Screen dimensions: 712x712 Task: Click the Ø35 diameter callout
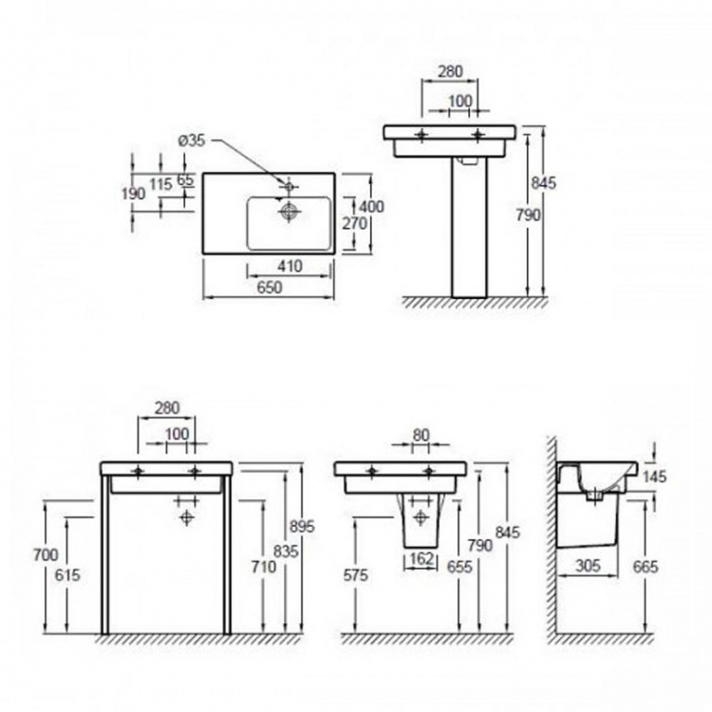191,141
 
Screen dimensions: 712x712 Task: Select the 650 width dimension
270,288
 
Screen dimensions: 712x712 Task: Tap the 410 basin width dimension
290,266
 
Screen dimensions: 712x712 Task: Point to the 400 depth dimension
372,207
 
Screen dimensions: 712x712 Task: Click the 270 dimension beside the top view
355,223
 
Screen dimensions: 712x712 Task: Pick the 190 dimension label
134,194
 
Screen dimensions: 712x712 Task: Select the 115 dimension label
161,184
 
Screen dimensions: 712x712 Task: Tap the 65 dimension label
185,179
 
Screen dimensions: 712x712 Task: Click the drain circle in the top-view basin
289,211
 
